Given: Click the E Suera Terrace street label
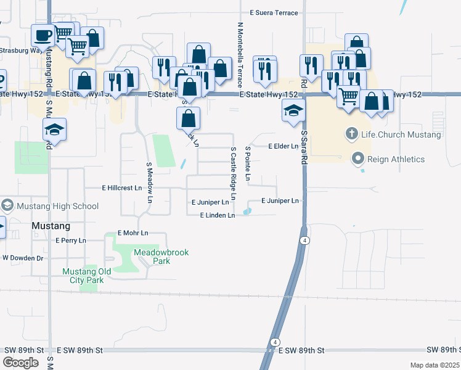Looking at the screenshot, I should [x=274, y=13].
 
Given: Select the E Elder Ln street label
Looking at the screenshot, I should [x=284, y=146].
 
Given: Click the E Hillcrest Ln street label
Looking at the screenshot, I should [x=121, y=188].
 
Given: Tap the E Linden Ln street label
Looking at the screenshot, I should [x=218, y=215].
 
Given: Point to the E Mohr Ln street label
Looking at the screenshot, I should [x=133, y=233].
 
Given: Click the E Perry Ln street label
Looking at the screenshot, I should [x=71, y=240].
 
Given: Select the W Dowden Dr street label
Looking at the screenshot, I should [x=23, y=258].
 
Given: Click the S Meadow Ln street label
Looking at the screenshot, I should [x=149, y=183].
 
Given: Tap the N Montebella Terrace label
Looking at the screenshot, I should [x=240, y=54].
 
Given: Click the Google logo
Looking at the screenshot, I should [x=20, y=362].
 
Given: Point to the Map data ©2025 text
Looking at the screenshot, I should [x=435, y=366].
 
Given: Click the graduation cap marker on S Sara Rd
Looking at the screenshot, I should [x=294, y=112].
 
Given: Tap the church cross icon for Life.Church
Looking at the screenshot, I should [x=351, y=134].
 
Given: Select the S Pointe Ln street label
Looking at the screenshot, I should [x=248, y=164].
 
